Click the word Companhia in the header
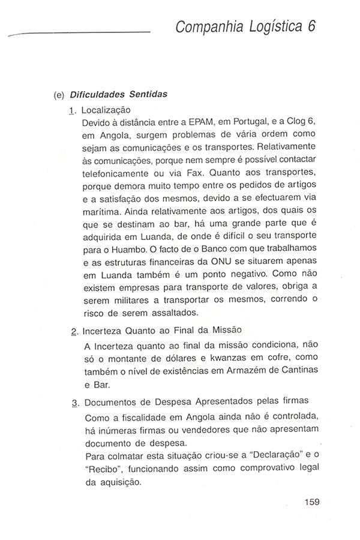click(x=202, y=27)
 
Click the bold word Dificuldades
click(x=98, y=95)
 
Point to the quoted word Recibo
click(x=101, y=467)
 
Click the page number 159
click(x=314, y=502)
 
